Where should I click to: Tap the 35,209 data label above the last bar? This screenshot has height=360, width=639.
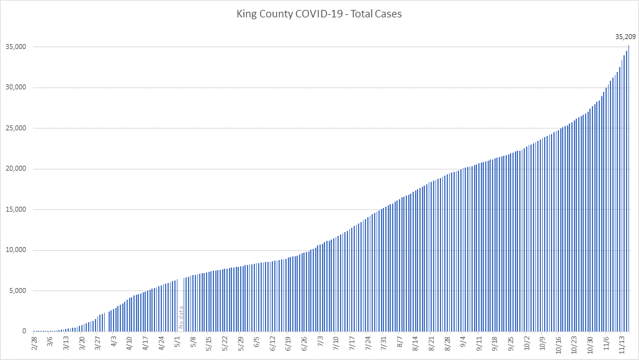click(625, 37)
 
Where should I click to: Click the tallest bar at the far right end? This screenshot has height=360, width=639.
click(629, 186)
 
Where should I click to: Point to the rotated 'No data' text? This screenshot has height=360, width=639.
click(181, 317)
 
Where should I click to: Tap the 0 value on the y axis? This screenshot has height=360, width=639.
click(24, 331)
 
